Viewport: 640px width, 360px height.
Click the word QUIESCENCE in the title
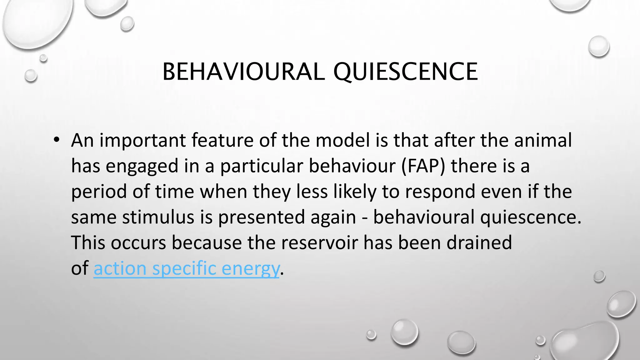(405, 72)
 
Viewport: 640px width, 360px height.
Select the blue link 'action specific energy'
(186, 268)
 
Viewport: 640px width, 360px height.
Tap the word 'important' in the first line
(142, 140)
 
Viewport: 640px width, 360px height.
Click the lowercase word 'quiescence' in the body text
(530, 217)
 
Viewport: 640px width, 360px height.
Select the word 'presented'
(261, 217)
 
